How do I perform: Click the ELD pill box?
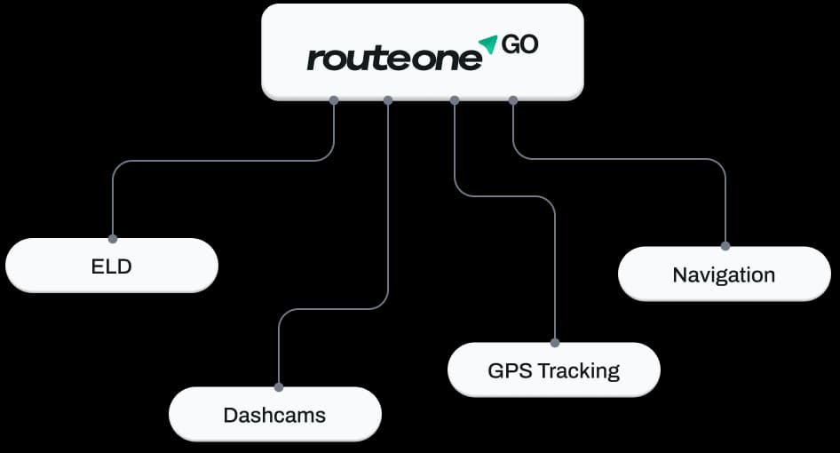click(111, 266)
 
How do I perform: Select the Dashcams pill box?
click(275, 415)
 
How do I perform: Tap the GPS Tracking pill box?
click(554, 370)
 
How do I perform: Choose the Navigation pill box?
click(725, 274)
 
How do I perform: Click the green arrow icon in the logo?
click(488, 44)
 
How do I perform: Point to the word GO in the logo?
click(519, 44)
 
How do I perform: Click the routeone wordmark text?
click(394, 58)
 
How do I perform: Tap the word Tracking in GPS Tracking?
click(579, 371)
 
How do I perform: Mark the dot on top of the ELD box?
click(113, 239)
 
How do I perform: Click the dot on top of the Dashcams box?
click(279, 387)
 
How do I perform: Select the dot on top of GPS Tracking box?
click(554, 343)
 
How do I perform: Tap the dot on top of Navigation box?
click(725, 246)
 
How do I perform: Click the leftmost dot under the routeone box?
click(334, 100)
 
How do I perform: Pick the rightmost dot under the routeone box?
click(512, 100)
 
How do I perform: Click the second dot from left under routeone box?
click(388, 100)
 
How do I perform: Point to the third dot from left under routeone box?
click(455, 100)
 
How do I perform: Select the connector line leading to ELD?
click(214, 160)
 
